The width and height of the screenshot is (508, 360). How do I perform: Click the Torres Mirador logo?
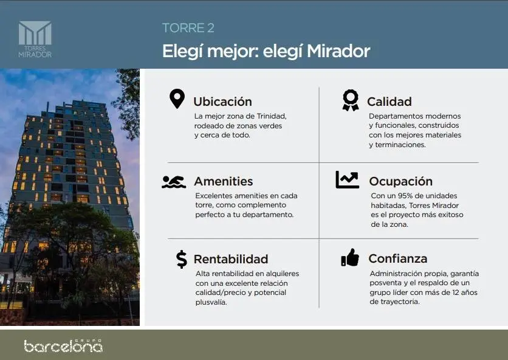tap(35, 40)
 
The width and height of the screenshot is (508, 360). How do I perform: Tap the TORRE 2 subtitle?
tap(188, 28)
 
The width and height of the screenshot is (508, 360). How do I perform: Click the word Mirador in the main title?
tap(338, 51)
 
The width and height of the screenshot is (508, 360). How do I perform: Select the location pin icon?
tap(177, 99)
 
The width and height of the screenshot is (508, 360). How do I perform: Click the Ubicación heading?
tap(222, 102)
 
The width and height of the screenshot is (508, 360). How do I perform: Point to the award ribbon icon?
tap(351, 100)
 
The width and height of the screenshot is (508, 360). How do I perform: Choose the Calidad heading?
tap(390, 102)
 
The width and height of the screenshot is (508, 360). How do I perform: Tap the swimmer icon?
tap(174, 182)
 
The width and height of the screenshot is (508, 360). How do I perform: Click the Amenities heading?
tap(224, 181)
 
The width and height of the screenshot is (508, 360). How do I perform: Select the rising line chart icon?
tap(348, 179)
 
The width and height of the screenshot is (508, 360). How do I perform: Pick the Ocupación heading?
tap(401, 181)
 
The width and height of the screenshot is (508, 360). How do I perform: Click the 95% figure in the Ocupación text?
tap(407, 196)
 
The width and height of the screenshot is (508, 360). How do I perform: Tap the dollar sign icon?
tap(182, 259)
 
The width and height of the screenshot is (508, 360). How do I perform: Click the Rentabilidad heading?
tap(231, 259)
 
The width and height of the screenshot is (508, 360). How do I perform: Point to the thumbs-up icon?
tap(350, 257)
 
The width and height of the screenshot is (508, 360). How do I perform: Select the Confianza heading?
tap(398, 258)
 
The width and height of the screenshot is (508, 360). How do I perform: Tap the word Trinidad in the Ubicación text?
tap(272, 116)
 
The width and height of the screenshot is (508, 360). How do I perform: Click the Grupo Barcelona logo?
tap(63, 346)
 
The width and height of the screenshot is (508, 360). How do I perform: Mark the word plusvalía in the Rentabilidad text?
tap(211, 302)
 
